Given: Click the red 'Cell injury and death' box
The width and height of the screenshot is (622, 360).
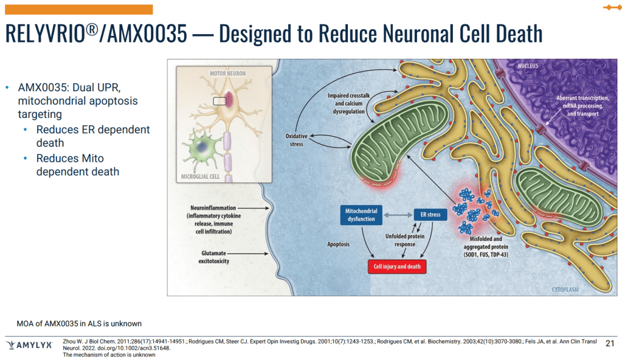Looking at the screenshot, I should click(397, 266).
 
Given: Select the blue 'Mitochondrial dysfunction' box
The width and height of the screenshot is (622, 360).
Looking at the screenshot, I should click(361, 215).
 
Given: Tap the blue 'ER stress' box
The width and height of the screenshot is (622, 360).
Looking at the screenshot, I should click(430, 214).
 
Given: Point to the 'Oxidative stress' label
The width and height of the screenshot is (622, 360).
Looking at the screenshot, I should click(296, 140).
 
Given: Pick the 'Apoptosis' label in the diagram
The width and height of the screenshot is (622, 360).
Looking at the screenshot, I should click(339, 243).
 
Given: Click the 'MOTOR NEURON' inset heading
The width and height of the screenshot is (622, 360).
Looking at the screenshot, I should click(227, 73).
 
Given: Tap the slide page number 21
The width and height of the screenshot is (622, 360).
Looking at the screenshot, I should click(610, 344).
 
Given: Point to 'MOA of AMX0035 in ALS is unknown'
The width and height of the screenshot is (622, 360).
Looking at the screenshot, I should click(79, 323).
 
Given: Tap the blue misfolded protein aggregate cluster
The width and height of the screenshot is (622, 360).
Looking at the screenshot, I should click(471, 210).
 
